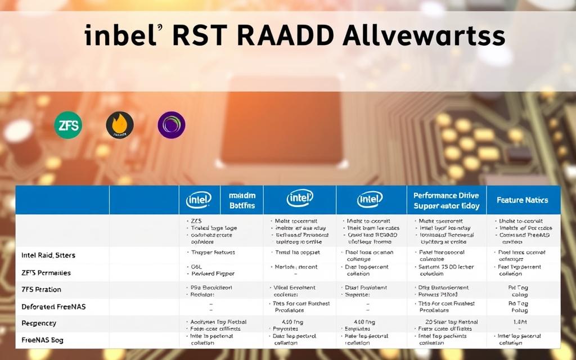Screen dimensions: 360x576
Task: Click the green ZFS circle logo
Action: (68, 125)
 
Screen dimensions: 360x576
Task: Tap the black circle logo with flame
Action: (120, 125)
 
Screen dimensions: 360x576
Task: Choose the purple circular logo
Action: (172, 125)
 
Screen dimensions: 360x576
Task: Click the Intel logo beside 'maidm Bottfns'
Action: (199, 200)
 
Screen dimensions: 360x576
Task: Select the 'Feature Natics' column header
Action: (522, 200)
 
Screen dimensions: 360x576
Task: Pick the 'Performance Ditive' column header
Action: (446, 200)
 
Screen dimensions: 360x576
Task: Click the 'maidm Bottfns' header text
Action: (242, 200)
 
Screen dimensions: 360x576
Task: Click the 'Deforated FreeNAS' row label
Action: (49, 307)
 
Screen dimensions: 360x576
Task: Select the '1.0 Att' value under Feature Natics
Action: (520, 322)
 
